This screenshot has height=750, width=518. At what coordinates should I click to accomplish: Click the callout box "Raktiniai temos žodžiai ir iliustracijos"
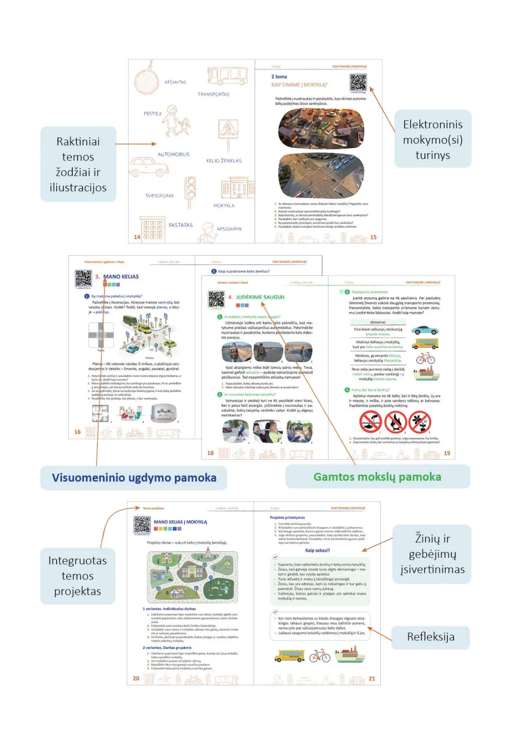(x=78, y=164)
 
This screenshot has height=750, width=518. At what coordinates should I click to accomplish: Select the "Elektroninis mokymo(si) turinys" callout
(x=433, y=139)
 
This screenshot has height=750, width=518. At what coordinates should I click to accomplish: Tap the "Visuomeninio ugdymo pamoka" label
(x=134, y=477)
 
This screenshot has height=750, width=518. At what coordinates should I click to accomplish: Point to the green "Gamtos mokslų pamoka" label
(x=377, y=477)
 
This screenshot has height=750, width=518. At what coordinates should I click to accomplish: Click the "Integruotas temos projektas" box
(x=78, y=576)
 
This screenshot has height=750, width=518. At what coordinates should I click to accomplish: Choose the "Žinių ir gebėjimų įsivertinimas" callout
(x=432, y=554)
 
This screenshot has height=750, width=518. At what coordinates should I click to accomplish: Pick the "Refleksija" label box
(x=430, y=636)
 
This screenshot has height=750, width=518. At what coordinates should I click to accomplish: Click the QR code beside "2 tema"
(x=358, y=82)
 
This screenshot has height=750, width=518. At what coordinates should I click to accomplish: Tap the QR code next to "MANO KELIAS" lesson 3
(x=83, y=279)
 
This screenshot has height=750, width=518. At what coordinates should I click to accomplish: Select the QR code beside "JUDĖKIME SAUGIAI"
(x=216, y=299)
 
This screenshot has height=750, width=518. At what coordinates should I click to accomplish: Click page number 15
(x=373, y=237)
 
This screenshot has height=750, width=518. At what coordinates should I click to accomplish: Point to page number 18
(x=210, y=453)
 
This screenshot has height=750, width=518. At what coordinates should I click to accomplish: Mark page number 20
(x=136, y=678)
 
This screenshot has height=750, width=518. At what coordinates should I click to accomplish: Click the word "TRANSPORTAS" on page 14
(x=213, y=94)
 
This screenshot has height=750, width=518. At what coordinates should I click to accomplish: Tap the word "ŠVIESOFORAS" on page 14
(x=160, y=195)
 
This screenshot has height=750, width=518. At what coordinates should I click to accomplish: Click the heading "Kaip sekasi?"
(x=317, y=550)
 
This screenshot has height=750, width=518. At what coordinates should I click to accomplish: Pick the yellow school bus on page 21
(x=289, y=655)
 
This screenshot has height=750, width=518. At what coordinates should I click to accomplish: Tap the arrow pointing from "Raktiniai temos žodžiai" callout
(x=136, y=144)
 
